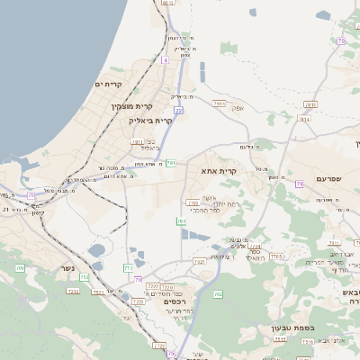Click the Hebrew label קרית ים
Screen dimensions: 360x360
point(107,84)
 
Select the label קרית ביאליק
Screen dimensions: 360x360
point(149,120)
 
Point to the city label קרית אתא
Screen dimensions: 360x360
point(219,170)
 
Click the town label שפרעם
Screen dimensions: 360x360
point(328,179)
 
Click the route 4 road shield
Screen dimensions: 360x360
point(166,60)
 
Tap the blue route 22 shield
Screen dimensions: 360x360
point(178,110)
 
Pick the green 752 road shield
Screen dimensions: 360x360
point(84,277)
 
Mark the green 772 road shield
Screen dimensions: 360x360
point(128,268)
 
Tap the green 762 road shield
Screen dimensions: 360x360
point(218,294)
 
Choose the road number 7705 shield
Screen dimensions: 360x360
point(276,256)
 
